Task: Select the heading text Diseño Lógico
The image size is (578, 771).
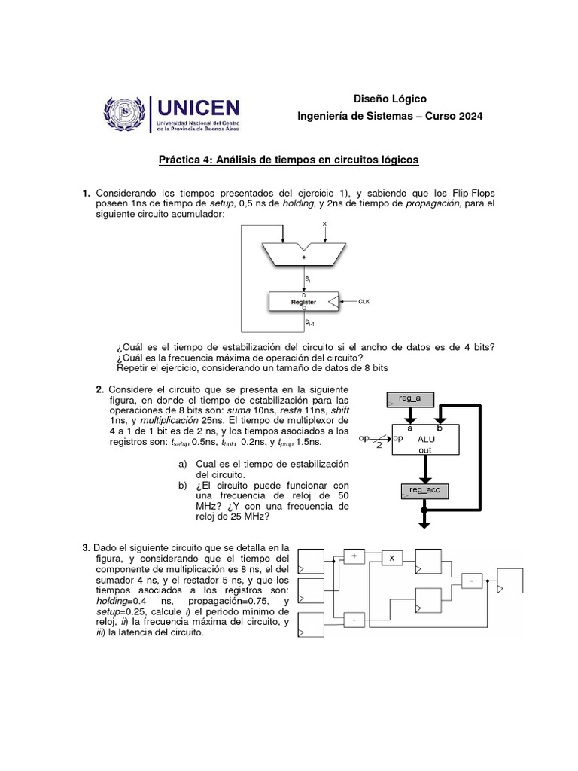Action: coord(389,99)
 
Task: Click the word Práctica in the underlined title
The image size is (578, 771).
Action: coord(178,160)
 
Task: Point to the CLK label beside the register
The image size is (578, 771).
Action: coord(364,302)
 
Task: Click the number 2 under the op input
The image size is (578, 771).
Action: coord(379,446)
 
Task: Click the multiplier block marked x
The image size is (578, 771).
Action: coord(391,558)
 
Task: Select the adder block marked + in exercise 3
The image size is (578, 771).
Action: coord(354,556)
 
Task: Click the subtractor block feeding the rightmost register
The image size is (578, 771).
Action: coord(471,581)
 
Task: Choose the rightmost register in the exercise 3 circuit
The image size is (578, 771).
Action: coord(508,581)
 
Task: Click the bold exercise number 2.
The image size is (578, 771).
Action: coord(99,389)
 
